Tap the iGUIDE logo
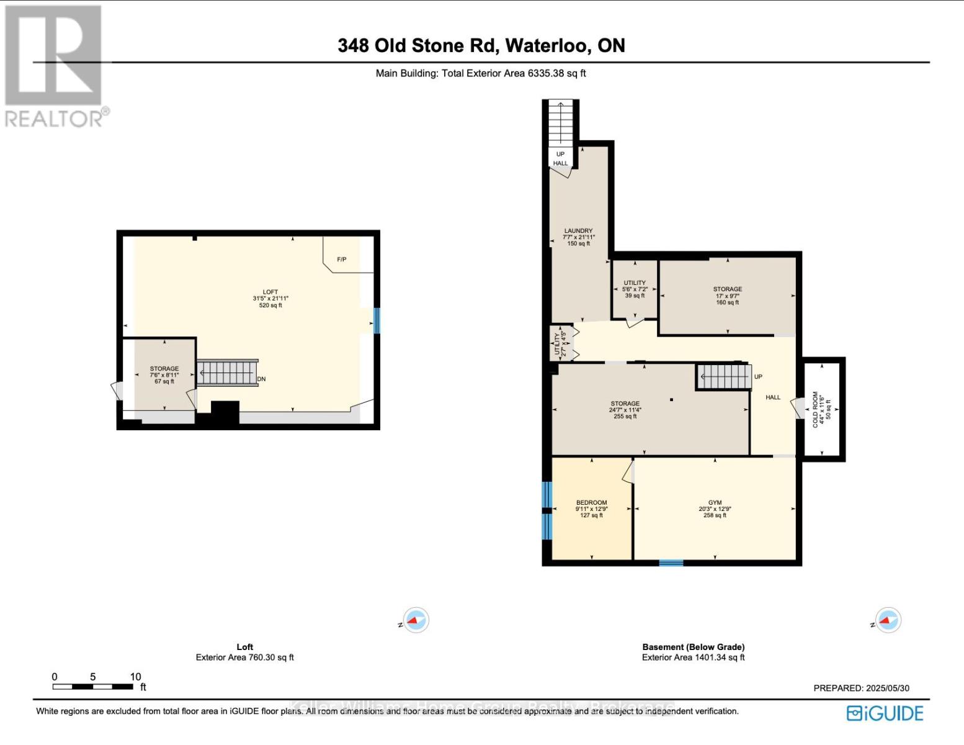coord(885,713)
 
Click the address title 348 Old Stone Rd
coord(481,45)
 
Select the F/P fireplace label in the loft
coord(341,260)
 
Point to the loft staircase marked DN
coord(227,373)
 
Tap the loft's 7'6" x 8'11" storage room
coord(164,375)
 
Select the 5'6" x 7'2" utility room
coord(635,289)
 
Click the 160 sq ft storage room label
coord(727,296)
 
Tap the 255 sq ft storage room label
coord(625,410)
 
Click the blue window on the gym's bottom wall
coord(671,563)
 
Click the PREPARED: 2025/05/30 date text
coord(861,688)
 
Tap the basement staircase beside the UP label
coord(724,376)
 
